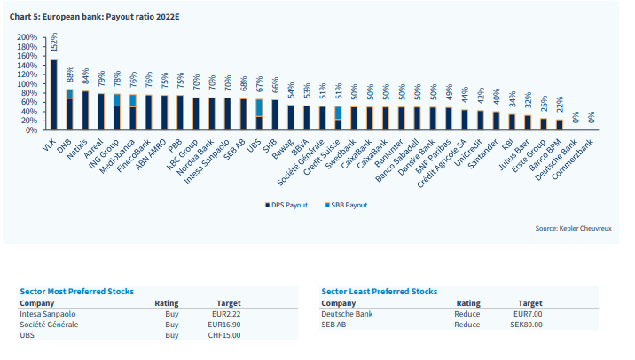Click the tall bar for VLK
coord(54,95)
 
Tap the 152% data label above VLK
coord(54,42)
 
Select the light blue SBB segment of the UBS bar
coord(259,108)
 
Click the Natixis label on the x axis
coord(78,148)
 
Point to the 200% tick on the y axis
coord(27,37)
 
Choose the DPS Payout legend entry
coord(286,205)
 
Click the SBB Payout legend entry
coord(346,205)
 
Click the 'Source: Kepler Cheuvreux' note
coord(573,229)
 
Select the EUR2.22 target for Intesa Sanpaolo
coord(226,314)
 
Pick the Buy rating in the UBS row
coord(172,335)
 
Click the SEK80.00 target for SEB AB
coord(526,325)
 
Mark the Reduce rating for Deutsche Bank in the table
coord(466,314)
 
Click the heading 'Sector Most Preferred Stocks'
coord(77,292)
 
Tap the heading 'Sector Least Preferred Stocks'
coord(380,292)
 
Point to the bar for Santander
coord(496,121)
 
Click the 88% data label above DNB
coord(70,75)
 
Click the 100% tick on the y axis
coord(27,84)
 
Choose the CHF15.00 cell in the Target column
coord(224,335)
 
